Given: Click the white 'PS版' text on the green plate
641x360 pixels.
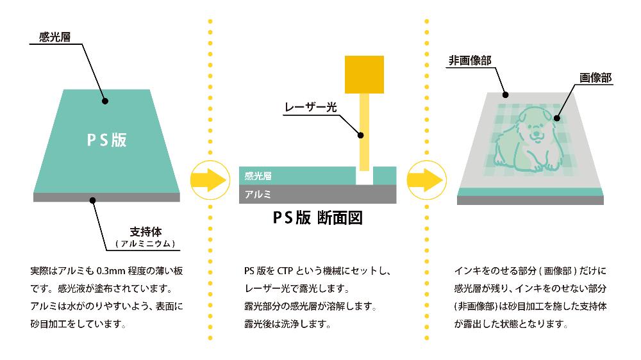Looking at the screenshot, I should click(106, 140).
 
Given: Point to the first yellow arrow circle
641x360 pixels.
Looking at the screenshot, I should click(209, 179).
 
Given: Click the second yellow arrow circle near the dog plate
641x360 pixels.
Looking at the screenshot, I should click(426, 179).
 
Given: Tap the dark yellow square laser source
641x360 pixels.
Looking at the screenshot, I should click(364, 74).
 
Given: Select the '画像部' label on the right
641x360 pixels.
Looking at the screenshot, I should click(595, 78).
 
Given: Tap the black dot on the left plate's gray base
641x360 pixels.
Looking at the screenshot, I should click(93, 200).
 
